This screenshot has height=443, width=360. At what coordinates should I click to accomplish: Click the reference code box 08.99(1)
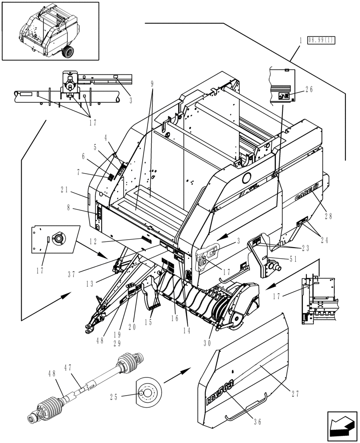click(x=322, y=40)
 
